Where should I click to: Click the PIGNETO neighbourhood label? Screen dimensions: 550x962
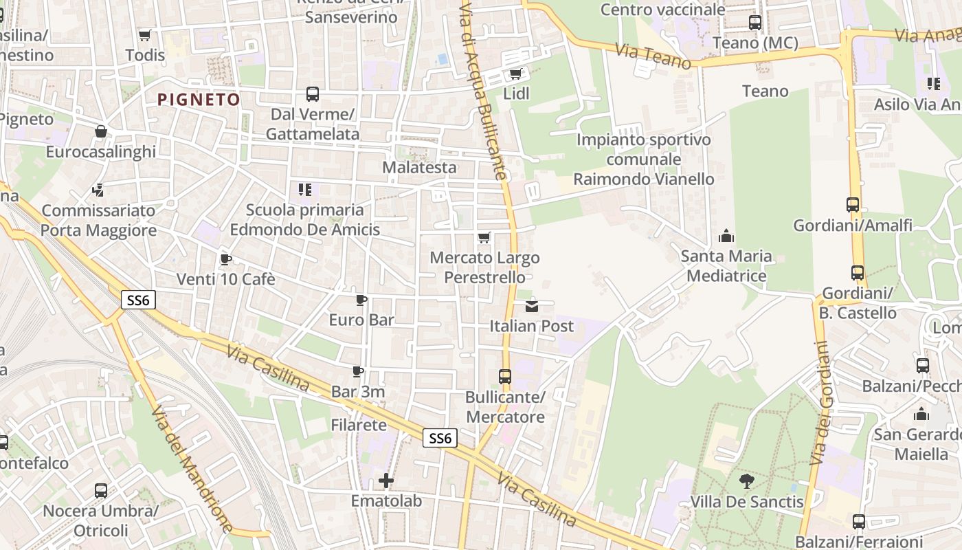pyautogui.click(x=199, y=100)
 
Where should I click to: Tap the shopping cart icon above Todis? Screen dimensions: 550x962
pyautogui.click(x=144, y=35)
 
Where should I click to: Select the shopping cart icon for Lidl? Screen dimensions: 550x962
pyautogui.click(x=515, y=74)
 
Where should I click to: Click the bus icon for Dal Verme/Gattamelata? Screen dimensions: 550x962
pyautogui.click(x=312, y=94)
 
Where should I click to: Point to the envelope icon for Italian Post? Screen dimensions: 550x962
pyautogui.click(x=532, y=306)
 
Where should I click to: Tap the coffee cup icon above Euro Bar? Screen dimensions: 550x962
pyautogui.click(x=361, y=300)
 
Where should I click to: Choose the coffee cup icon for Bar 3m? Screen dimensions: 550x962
pyautogui.click(x=358, y=372)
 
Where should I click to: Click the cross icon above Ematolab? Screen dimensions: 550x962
pyautogui.click(x=386, y=480)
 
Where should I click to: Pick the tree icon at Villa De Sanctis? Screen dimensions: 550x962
pyautogui.click(x=746, y=481)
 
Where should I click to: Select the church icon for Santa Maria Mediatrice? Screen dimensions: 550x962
pyautogui.click(x=726, y=236)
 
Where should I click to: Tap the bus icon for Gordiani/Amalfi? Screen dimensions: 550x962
pyautogui.click(x=853, y=205)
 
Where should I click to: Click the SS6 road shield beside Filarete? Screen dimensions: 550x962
pyautogui.click(x=440, y=439)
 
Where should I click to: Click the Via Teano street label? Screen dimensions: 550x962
pyautogui.click(x=653, y=56)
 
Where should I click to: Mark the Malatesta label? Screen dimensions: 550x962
pyautogui.click(x=419, y=167)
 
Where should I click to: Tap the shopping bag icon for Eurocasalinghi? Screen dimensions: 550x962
pyautogui.click(x=101, y=131)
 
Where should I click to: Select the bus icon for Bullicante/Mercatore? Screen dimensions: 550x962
pyautogui.click(x=505, y=377)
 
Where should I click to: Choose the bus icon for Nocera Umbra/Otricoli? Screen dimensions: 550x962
pyautogui.click(x=101, y=491)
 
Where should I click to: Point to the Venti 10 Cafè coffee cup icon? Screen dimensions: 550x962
pyautogui.click(x=225, y=259)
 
